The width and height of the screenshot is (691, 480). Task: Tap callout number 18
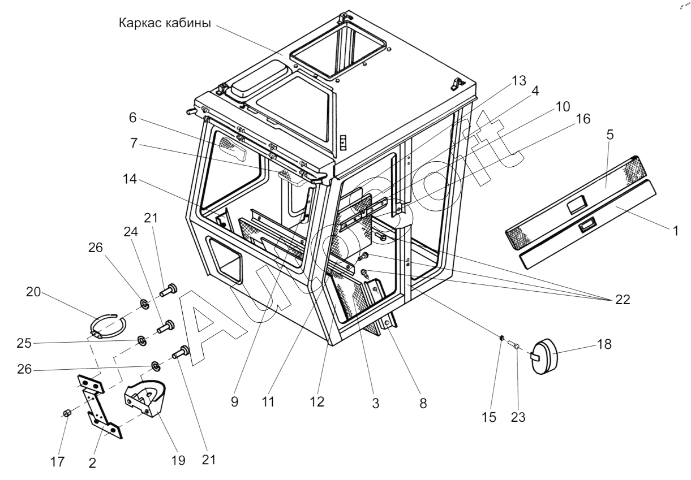click(x=604, y=345)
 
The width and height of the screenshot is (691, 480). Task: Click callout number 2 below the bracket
click(x=92, y=462)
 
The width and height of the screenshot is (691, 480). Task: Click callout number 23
click(x=518, y=418)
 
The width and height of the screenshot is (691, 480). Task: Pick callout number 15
click(x=489, y=418)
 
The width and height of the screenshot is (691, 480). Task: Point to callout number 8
click(x=423, y=405)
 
